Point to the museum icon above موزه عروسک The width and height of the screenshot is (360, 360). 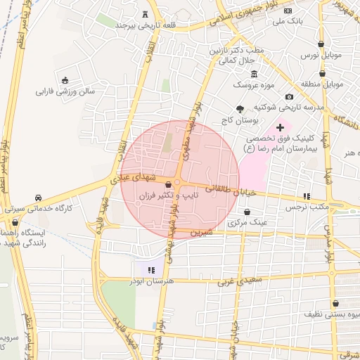pyautogui.click(x=254, y=75)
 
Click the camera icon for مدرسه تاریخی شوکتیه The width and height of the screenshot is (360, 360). pyautogui.click(x=289, y=96)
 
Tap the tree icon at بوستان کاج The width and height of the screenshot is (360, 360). pyautogui.click(x=240, y=109)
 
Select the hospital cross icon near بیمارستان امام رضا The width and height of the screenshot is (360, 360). pyautogui.click(x=280, y=127)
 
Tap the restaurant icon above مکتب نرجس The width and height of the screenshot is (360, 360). pyautogui.click(x=307, y=196)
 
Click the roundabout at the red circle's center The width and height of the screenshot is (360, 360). pyautogui.click(x=179, y=184)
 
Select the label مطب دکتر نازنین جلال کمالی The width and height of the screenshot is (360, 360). pyautogui.click(x=229, y=56)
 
